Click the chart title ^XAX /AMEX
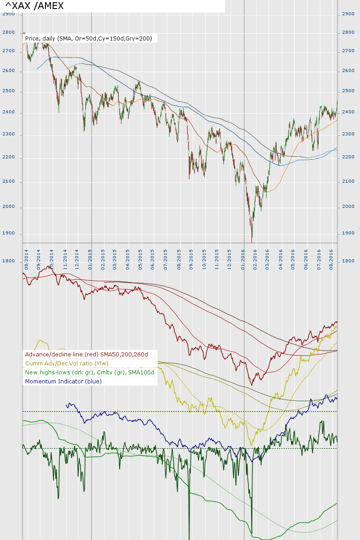tap(34, 6)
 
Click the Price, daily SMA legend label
tap(89, 39)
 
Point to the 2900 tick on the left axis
tap(9, 14)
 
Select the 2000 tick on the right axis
tap(348, 207)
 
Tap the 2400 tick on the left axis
tap(9, 112)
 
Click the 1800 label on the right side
tap(348, 261)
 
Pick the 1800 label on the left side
tap(9, 261)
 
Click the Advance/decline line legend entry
tap(86, 355)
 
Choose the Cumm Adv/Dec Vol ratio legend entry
tap(67, 364)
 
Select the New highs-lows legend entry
tap(90, 373)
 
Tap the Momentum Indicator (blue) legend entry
tap(63, 382)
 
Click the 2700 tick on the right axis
tap(348, 51)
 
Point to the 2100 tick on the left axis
tap(9, 181)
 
